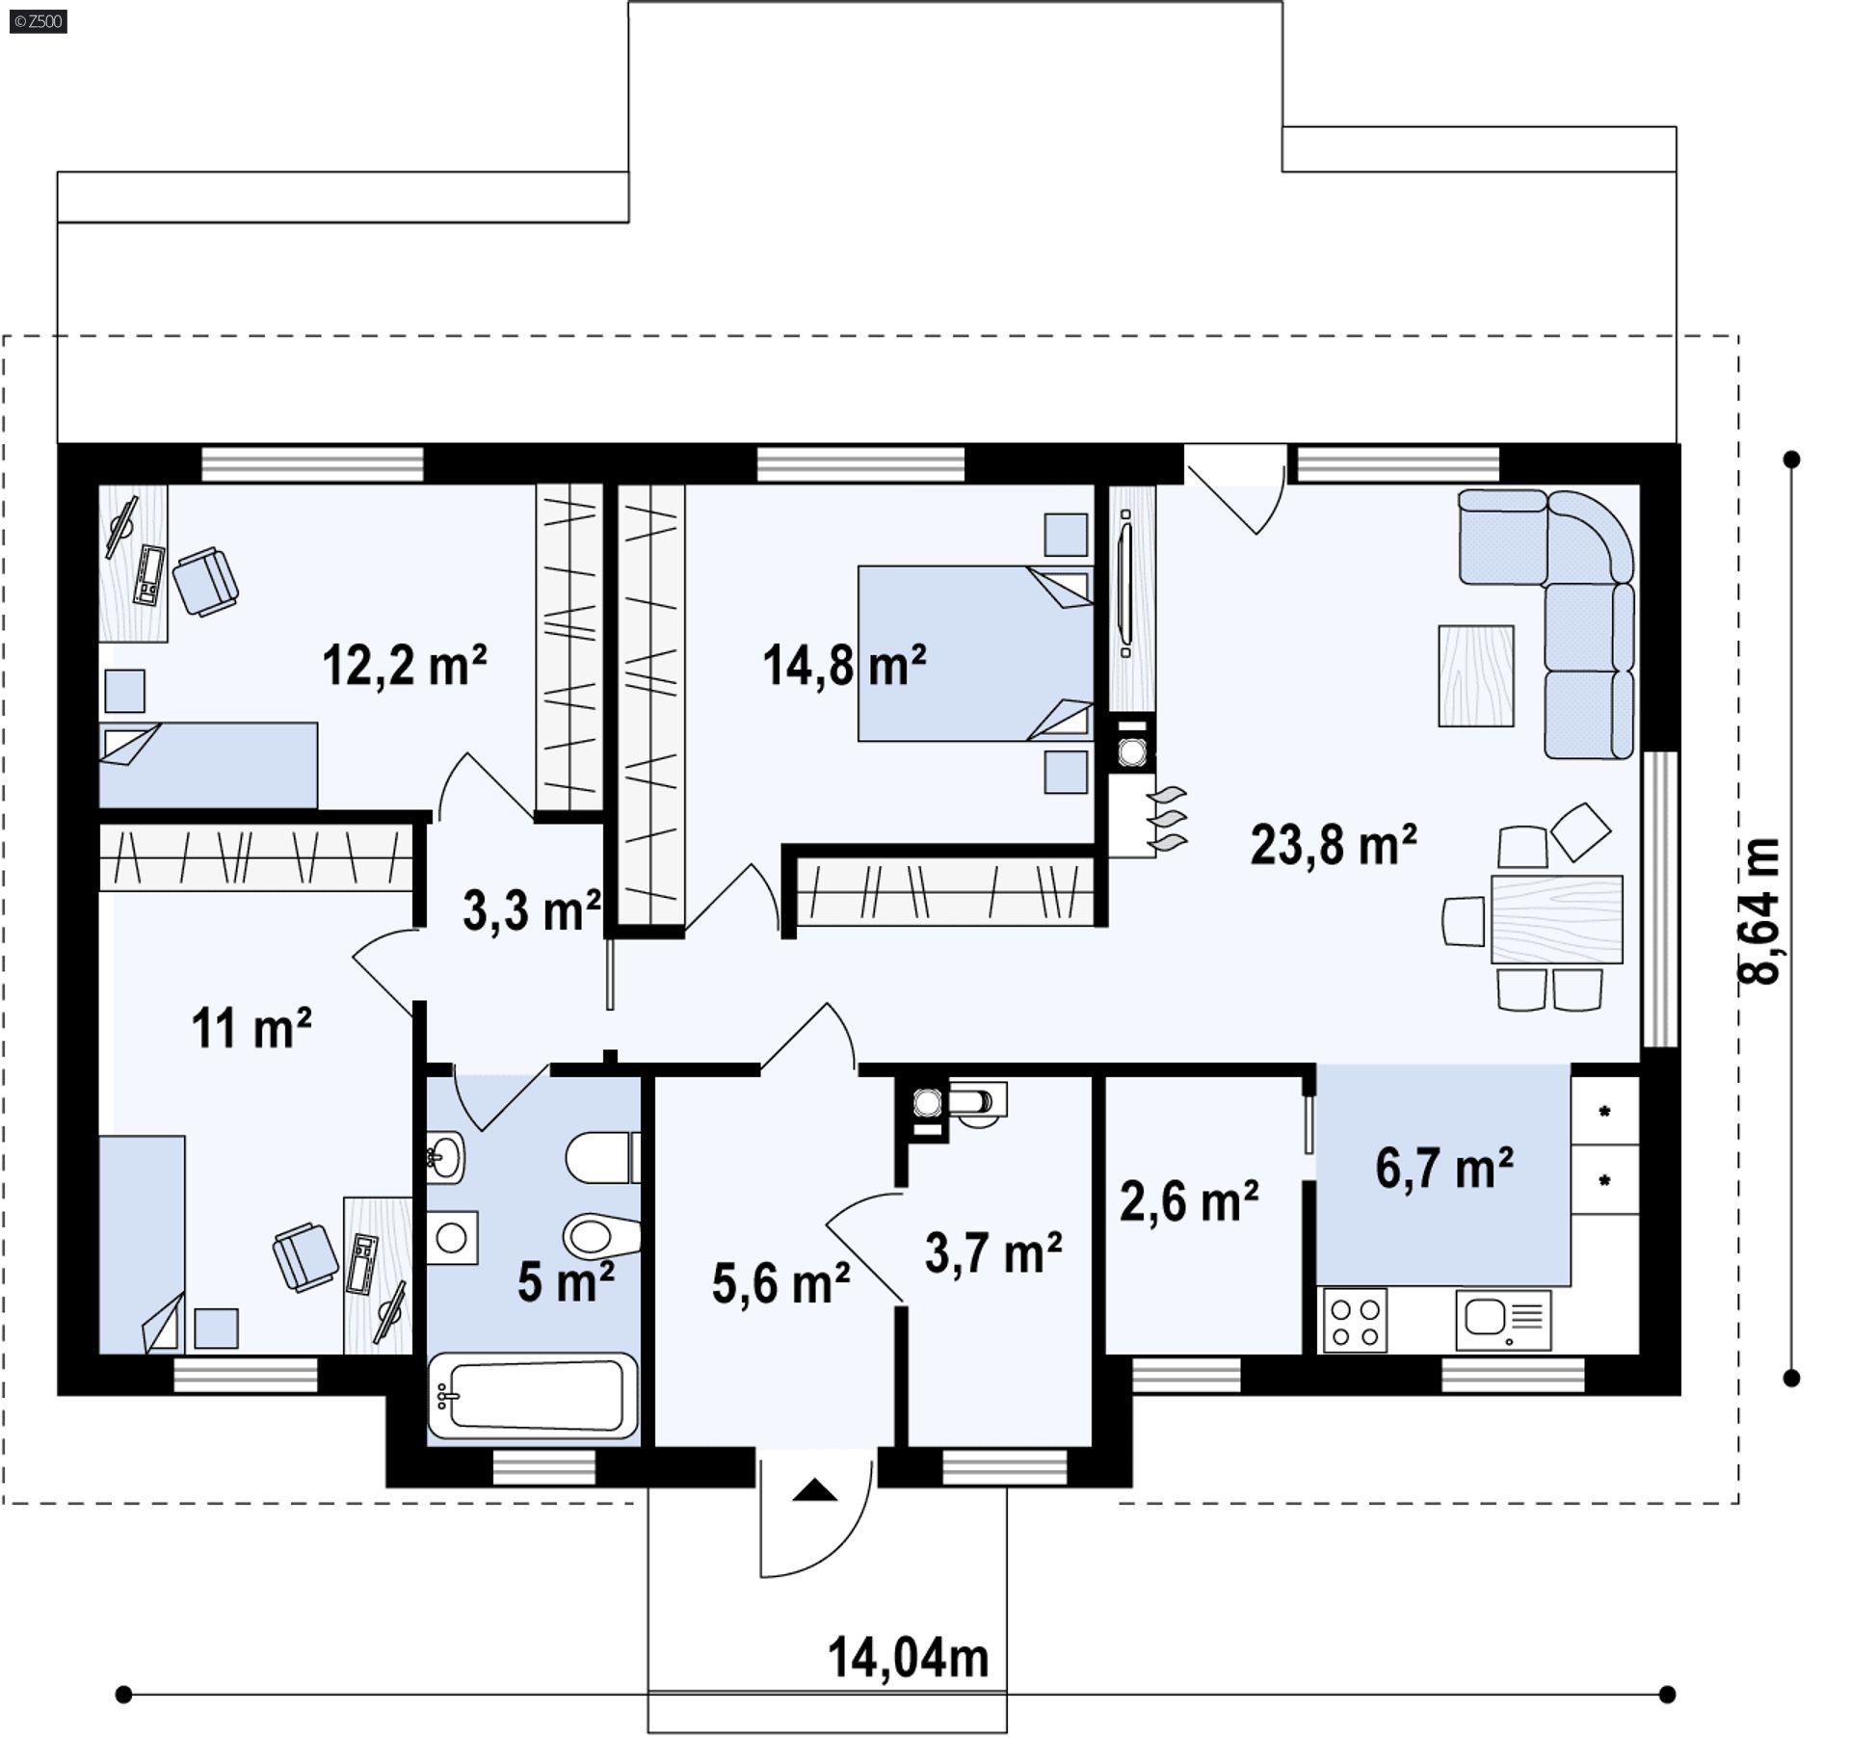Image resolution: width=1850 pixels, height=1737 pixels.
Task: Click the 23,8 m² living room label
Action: [1333, 845]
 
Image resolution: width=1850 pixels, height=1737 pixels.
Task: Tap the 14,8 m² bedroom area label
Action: [844, 665]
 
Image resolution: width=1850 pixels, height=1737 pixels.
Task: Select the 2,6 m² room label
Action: [1188, 1201]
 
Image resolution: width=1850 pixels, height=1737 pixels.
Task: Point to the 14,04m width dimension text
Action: [908, 1658]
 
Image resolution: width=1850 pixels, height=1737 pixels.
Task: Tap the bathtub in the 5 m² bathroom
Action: [533, 1394]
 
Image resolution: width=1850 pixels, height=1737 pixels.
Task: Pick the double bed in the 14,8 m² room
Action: [973, 653]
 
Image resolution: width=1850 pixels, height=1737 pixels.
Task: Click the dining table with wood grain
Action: [1555, 919]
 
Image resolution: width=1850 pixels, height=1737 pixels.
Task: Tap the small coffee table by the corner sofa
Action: [1475, 675]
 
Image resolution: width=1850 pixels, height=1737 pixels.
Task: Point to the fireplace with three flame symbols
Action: [1147, 817]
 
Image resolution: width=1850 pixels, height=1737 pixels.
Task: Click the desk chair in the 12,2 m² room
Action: [205, 581]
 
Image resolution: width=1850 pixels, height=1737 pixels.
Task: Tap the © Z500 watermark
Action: [39, 21]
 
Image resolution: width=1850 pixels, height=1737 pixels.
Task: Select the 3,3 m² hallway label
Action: [532, 909]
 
